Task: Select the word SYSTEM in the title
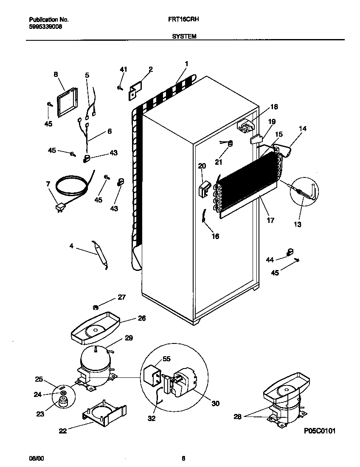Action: pos(184,37)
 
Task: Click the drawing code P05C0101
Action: pos(320,431)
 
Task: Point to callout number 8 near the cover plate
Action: pos(56,74)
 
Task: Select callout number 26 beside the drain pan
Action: pos(142,318)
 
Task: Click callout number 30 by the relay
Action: pos(215,403)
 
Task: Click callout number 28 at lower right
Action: pos(237,417)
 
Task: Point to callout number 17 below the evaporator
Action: pos(270,220)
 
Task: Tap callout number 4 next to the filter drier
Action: pos(72,245)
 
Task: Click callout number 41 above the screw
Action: pos(123,69)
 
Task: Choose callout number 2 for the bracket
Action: pos(150,69)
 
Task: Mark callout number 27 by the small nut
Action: pos(122,297)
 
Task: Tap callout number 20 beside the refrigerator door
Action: pos(202,166)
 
